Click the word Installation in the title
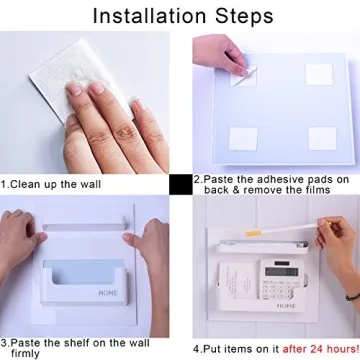tap(150, 15)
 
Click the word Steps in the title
tap(244, 16)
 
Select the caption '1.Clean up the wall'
tap(50, 184)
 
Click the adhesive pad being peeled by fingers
tap(243, 76)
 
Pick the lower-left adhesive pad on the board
tap(243, 139)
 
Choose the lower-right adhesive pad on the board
tap(322, 138)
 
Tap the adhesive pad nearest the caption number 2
tap(243, 139)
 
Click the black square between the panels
tap(181, 185)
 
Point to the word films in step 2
tap(316, 190)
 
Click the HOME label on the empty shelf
tap(108, 293)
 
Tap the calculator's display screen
tap(281, 271)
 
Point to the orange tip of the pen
tap(252, 233)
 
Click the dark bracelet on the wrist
tap(353, 296)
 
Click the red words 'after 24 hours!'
tap(321, 349)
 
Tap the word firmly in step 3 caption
tap(25, 353)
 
